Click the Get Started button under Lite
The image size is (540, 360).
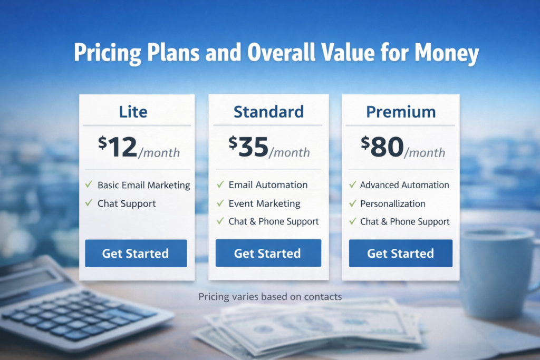(x=136, y=254)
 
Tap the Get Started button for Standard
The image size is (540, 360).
(x=268, y=253)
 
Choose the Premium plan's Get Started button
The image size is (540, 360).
(x=401, y=254)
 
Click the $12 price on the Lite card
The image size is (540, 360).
(x=118, y=147)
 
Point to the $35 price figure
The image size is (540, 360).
(x=248, y=147)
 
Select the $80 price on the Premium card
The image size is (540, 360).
(x=382, y=147)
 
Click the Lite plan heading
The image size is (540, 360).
(x=133, y=112)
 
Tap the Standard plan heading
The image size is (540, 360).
(x=268, y=112)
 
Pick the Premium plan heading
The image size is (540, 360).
(x=401, y=112)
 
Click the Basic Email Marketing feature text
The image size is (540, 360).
(x=143, y=185)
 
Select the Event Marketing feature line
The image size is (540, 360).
(x=265, y=204)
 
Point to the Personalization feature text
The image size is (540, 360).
(x=392, y=204)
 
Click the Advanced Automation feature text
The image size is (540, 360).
(x=404, y=185)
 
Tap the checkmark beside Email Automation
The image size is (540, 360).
(x=220, y=184)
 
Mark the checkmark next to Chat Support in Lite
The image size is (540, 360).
(x=89, y=203)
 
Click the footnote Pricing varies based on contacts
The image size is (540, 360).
(x=270, y=297)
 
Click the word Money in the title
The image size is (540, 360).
(x=447, y=53)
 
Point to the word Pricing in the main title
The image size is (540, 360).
(x=108, y=53)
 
